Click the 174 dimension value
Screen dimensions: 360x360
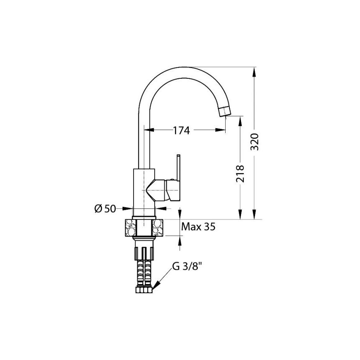pyautogui.click(x=181, y=131)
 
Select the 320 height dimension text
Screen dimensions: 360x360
pyautogui.click(x=254, y=142)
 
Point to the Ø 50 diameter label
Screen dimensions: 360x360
pyautogui.click(x=105, y=209)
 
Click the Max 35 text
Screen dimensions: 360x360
pyautogui.click(x=198, y=227)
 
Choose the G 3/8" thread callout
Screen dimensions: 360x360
pyautogui.click(x=187, y=267)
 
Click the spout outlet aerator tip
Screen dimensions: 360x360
pyautogui.click(x=224, y=112)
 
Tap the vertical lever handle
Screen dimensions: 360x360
pyautogui.click(x=178, y=168)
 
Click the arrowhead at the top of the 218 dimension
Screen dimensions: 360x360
pyautogui.click(x=241, y=121)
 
